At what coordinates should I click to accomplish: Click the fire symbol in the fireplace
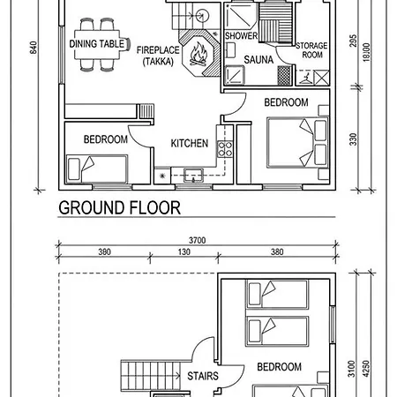point(198,54)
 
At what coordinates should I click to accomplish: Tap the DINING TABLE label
point(97,44)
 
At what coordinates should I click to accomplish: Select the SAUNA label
point(258,60)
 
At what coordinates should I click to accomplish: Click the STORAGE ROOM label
point(311,50)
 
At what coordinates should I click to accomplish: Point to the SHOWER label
point(241,35)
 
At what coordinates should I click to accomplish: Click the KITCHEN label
point(190,143)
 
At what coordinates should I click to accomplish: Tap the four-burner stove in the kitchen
point(225,149)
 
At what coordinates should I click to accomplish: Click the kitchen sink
point(193,175)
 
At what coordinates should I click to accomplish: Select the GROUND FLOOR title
point(119,207)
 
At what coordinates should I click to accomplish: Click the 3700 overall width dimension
point(197,240)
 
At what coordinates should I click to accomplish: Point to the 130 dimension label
point(184,252)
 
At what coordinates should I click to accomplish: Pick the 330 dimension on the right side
point(353,139)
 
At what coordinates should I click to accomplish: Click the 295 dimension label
point(353,41)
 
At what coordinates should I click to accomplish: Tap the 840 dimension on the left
point(34,48)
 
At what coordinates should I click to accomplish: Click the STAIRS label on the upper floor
point(203,376)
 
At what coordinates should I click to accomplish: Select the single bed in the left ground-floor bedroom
point(97,169)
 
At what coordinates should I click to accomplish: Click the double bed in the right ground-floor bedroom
point(297,143)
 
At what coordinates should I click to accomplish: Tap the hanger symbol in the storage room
point(305,78)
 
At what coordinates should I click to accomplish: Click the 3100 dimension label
point(351,369)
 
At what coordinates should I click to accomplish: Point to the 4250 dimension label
point(366,369)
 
